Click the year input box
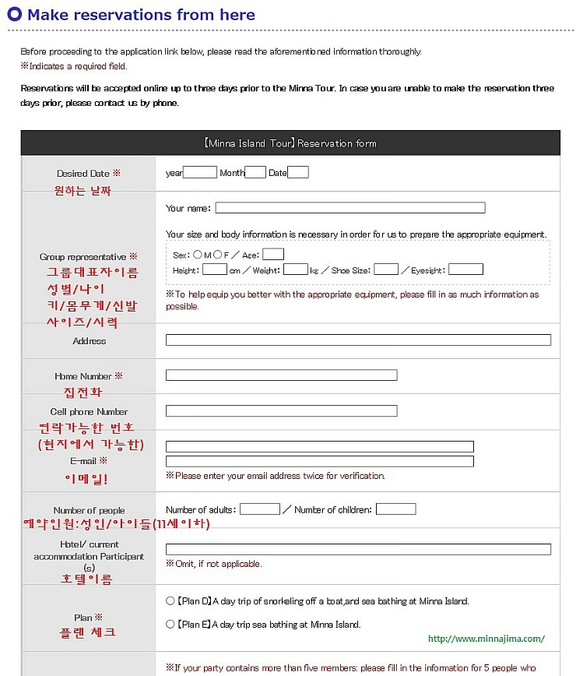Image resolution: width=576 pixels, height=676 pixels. (x=200, y=173)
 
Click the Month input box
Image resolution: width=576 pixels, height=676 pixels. (x=255, y=173)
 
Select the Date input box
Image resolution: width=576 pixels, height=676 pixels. (x=298, y=173)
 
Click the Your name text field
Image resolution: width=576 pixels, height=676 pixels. (x=349, y=208)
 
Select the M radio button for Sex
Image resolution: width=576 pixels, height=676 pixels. (x=198, y=255)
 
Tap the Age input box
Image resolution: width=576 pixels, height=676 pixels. (x=273, y=254)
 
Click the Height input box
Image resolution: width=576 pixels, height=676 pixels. (x=214, y=269)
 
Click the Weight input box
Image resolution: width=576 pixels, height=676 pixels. (x=295, y=269)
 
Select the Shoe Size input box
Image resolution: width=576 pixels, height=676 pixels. (x=385, y=269)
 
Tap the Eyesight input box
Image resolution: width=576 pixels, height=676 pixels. (x=465, y=269)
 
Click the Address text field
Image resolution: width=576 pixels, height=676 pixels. (x=358, y=340)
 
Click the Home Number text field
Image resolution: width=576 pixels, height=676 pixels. (x=281, y=375)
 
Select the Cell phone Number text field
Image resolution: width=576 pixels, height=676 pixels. (x=281, y=410)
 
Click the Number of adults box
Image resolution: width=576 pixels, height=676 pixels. (x=259, y=509)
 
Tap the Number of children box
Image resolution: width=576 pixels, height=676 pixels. (x=395, y=509)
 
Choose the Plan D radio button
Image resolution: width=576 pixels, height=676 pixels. (x=170, y=601)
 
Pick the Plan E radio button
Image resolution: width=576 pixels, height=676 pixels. (x=170, y=624)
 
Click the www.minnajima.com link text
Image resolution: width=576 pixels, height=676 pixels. (x=486, y=639)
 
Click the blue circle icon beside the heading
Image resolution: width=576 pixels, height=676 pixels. (x=14, y=15)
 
